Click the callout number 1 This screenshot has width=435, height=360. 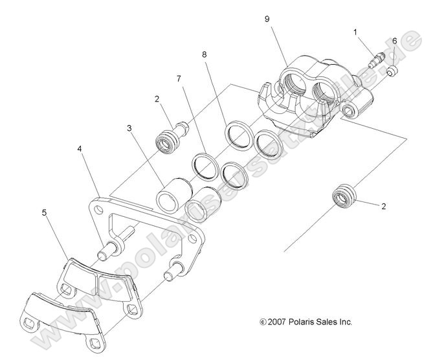point(355,31)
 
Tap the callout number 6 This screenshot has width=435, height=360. point(394,41)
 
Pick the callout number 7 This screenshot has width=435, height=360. point(179,78)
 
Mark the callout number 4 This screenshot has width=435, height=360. point(80,149)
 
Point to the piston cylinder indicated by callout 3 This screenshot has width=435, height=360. point(173,195)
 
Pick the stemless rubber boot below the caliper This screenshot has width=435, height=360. point(342,196)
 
